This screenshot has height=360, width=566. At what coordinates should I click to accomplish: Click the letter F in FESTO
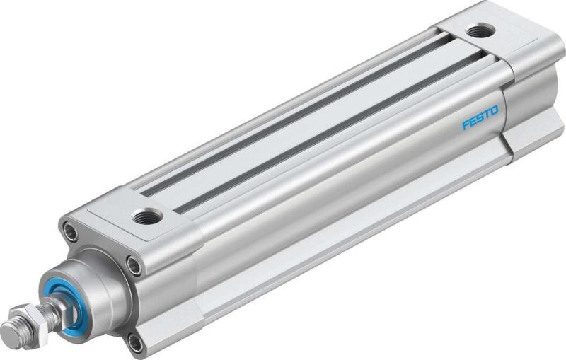tap(466, 126)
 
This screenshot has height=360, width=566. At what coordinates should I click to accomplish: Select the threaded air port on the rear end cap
tap(483, 30)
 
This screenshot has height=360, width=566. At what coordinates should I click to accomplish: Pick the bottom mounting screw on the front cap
tap(134, 344)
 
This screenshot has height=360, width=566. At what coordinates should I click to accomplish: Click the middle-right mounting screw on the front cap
tap(133, 266)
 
